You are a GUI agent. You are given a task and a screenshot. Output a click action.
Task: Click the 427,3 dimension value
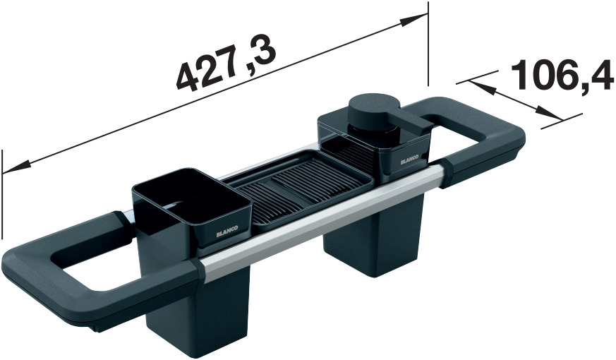click(x=225, y=64)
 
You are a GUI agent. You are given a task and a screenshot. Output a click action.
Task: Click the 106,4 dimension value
click(x=562, y=76)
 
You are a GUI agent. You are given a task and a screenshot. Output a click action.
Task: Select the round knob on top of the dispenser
click(x=374, y=107)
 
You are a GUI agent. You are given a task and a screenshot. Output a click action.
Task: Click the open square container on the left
click(x=192, y=208)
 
